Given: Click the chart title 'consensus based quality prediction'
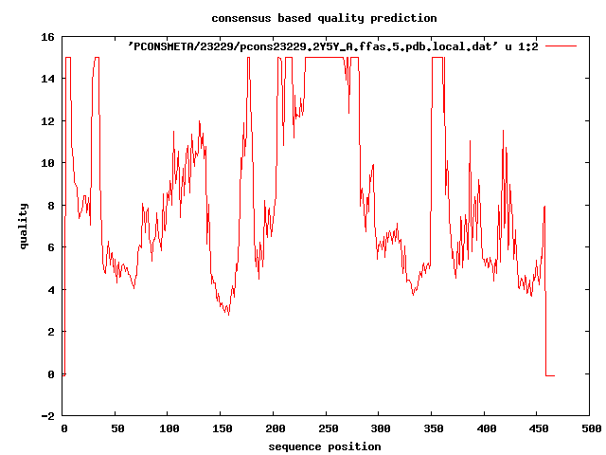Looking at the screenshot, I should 324,18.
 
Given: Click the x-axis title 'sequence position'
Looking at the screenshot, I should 324,446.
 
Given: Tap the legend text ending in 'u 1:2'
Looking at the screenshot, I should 332,45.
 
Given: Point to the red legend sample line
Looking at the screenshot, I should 561,45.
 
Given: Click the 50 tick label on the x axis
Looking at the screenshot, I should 116,429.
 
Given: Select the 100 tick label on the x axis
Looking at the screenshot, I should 169,429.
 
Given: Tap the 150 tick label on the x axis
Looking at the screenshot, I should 222,429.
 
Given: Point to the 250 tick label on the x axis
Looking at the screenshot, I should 327,429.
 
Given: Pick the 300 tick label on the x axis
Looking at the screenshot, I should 379,429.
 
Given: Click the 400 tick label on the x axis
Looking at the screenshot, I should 485,429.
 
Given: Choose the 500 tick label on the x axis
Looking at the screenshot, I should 590,429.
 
